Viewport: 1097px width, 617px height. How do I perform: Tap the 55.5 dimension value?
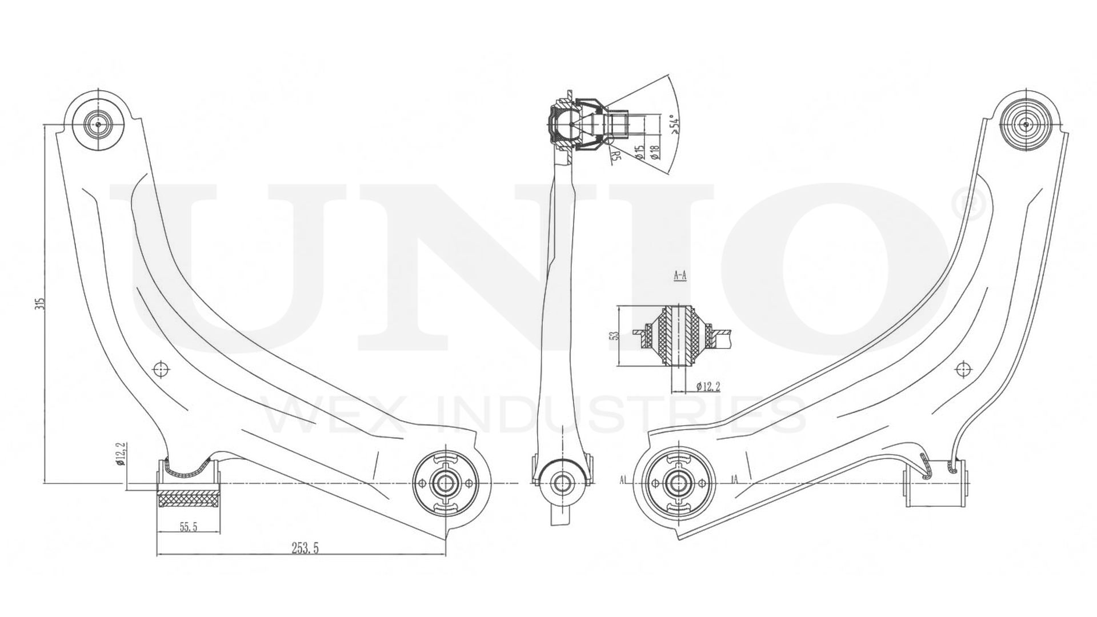[188, 527]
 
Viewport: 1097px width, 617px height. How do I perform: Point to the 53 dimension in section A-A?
[615, 335]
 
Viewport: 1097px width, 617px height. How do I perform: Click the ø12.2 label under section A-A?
[708, 386]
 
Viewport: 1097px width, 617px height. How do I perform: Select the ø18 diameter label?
[655, 152]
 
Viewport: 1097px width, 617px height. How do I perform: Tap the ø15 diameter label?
[639, 152]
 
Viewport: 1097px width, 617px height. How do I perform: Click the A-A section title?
[680, 276]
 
